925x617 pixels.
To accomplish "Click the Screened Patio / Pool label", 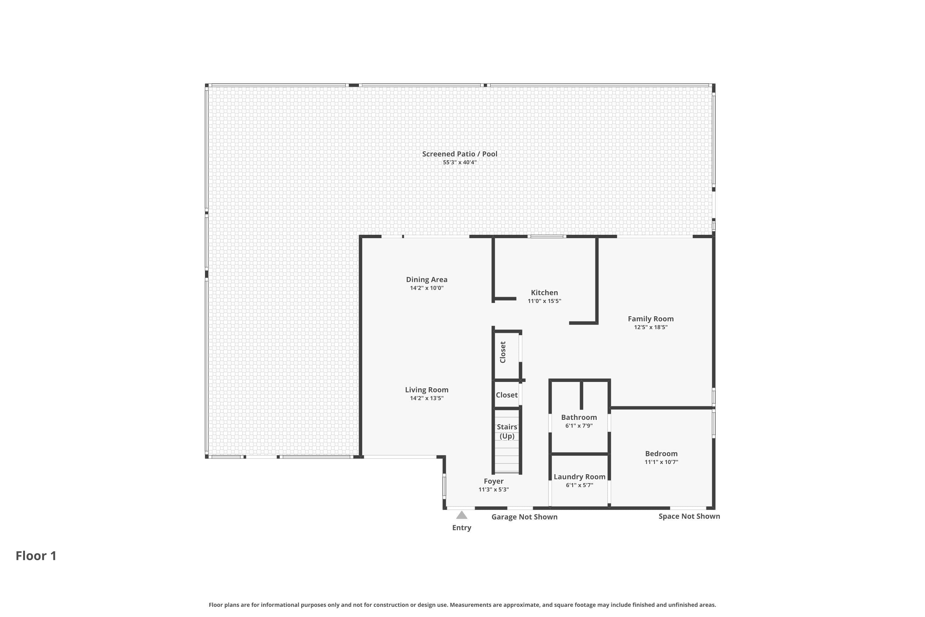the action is (459, 154).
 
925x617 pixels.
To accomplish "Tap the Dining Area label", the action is (427, 280).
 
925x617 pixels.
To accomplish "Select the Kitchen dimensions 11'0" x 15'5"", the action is (544, 301).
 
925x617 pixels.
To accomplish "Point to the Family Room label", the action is (651, 319).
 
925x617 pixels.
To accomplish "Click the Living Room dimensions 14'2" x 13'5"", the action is (427, 398).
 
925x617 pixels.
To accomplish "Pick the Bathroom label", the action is (579, 417).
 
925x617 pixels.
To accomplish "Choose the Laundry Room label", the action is (579, 477).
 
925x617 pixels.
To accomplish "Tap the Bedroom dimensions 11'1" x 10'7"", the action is (661, 462).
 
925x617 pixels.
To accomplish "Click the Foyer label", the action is (494, 481).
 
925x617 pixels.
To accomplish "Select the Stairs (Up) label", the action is (507, 431).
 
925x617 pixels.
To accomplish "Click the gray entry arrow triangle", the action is (462, 515).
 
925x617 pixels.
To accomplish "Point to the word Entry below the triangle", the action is (462, 528).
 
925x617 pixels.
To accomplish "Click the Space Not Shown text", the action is (689, 516).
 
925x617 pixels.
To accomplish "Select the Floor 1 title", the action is (36, 556).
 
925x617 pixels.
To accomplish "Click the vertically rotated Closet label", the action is (503, 352).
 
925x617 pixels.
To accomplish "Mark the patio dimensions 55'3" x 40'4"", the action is (459, 163).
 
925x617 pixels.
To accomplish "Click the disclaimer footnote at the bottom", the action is (462, 605).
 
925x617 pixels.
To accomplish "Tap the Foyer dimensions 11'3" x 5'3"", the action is (494, 490).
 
